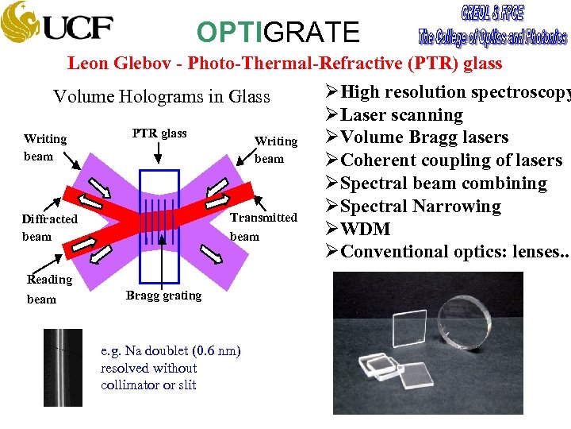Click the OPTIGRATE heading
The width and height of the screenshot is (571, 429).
pyautogui.click(x=278, y=32)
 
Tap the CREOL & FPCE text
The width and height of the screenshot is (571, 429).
pyautogui.click(x=492, y=14)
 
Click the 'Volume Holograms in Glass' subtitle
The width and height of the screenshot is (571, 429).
pyautogui.click(x=161, y=97)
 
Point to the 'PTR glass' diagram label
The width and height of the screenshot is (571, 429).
pyautogui.click(x=159, y=133)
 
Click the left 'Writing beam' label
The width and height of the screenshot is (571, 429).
pyautogui.click(x=45, y=147)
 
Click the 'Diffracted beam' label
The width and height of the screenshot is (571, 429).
pyautogui.click(x=49, y=227)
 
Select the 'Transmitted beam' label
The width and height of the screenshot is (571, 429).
pyautogui.click(x=263, y=226)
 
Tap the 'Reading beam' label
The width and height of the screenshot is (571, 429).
pyautogui.click(x=48, y=288)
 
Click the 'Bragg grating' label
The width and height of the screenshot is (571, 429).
pyautogui.click(x=163, y=296)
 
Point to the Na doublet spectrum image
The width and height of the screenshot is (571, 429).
pyautogui.click(x=62, y=367)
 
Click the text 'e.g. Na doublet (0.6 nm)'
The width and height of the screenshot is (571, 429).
pyautogui.click(x=171, y=351)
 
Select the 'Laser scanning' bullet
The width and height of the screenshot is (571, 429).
pyautogui.click(x=400, y=115)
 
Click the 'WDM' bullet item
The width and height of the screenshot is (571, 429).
pyautogui.click(x=365, y=229)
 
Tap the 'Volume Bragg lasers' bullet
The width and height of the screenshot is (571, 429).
pyautogui.click(x=423, y=137)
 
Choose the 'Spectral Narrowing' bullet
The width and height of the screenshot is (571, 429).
pyautogui.click(x=420, y=207)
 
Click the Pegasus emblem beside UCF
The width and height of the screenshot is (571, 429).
pyautogui.click(x=20, y=24)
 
